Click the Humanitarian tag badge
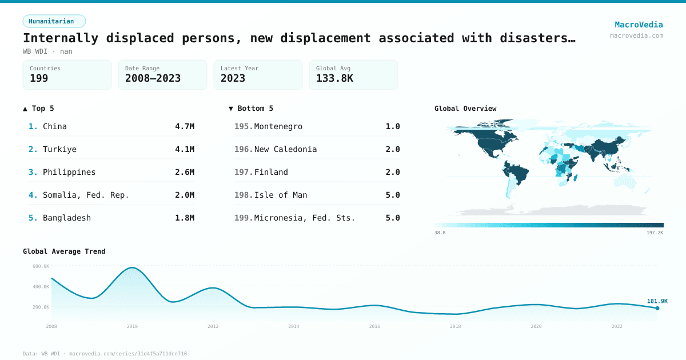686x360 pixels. (x=54, y=21)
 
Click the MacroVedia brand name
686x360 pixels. (x=639, y=25)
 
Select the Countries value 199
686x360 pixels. (x=39, y=78)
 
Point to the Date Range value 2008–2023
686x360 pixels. (x=153, y=78)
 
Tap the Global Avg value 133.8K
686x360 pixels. (x=334, y=78)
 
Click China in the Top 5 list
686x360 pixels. (x=55, y=126)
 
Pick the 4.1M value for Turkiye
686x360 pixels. (x=185, y=149)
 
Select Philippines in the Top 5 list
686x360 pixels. (x=69, y=172)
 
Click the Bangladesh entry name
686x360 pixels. (x=67, y=218)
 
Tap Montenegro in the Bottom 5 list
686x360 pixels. (x=278, y=126)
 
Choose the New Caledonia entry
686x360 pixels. (x=285, y=149)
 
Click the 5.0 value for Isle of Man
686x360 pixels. (x=393, y=195)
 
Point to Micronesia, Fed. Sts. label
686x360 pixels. (x=305, y=218)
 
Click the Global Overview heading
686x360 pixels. (x=465, y=109)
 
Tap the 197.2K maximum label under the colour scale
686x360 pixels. (x=655, y=233)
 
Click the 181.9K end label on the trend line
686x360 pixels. (x=657, y=301)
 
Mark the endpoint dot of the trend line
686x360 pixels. (x=657, y=308)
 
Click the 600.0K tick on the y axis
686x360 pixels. (x=41, y=266)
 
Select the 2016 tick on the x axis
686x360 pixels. (x=374, y=326)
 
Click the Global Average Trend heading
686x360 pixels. (x=64, y=251)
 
